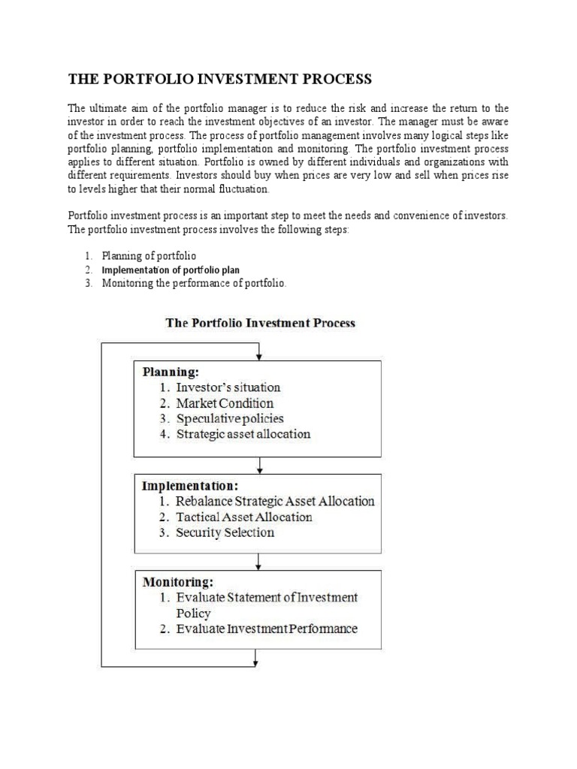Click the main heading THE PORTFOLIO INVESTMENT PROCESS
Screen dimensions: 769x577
220,80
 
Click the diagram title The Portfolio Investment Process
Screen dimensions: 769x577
260,323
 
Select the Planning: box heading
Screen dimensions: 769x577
171,371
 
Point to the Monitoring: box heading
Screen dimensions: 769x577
178,581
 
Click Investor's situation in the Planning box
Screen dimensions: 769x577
228,388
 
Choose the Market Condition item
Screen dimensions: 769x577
225,403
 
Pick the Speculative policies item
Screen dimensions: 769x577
229,418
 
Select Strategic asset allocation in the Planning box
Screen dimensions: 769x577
243,434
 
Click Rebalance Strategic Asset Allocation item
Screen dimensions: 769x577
275,501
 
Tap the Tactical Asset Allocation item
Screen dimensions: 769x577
243,517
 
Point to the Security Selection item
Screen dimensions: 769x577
225,532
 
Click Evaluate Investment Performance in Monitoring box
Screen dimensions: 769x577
266,629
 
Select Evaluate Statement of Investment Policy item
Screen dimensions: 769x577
266,605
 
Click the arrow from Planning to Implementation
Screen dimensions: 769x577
258,465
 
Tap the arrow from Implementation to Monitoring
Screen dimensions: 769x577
258,562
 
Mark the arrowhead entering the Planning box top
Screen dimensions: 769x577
258,355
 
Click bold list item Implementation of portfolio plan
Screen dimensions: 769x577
171,270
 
